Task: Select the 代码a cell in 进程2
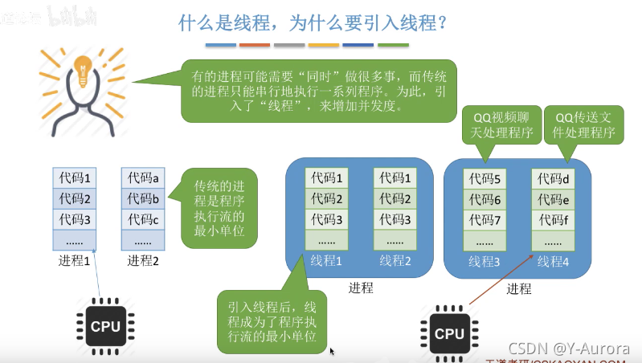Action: (144, 177)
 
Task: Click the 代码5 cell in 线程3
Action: (486, 178)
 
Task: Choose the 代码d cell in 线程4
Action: (554, 178)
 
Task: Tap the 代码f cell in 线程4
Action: (554, 220)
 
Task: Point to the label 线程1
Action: (327, 259)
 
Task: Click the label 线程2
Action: (395, 259)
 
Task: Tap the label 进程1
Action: (75, 260)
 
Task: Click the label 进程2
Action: (144, 260)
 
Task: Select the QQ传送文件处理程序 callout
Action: (584, 126)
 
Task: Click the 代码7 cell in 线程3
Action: (486, 220)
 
